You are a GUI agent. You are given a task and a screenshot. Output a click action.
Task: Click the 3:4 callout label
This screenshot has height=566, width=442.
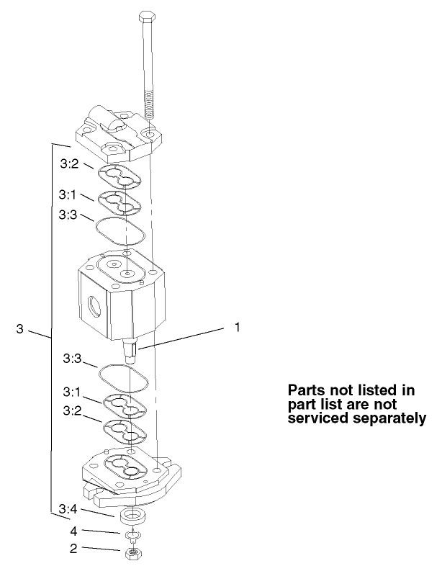69,509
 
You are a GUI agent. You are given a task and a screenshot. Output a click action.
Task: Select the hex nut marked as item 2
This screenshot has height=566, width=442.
134,552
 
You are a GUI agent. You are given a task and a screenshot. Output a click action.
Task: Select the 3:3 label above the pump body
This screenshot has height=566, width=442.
69,215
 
